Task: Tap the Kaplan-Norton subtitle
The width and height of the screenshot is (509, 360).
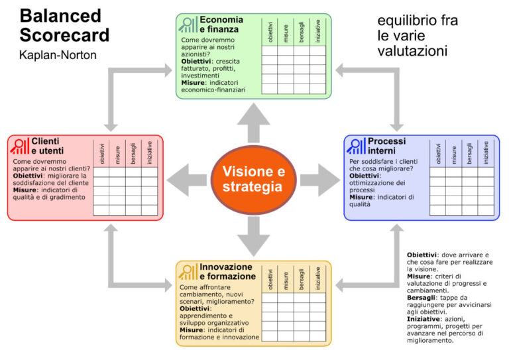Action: point(58,55)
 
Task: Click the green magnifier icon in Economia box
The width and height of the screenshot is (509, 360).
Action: point(189,25)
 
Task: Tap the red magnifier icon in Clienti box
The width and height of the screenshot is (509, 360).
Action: point(21,147)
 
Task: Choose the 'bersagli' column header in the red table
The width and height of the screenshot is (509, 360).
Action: point(133,153)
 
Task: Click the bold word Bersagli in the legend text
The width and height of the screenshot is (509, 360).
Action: point(422,298)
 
